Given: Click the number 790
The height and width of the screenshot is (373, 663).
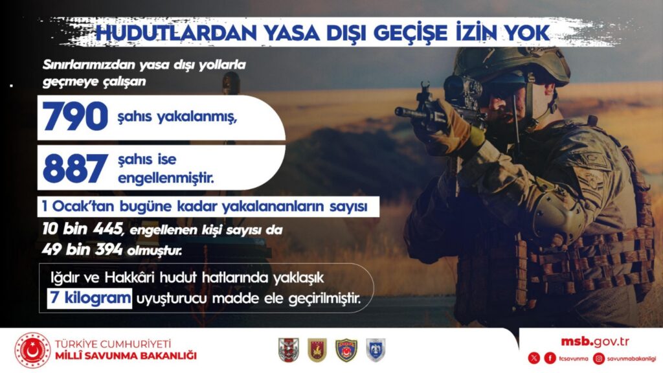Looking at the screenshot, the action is pos(75,117).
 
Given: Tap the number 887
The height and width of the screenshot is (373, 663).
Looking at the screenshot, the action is pos(75,168).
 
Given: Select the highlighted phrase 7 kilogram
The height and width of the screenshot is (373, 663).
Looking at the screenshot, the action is pos(89,298).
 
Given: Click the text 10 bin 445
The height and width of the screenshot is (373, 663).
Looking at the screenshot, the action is pos(83,229).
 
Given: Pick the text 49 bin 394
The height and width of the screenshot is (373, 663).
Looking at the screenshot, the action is pos(82,249).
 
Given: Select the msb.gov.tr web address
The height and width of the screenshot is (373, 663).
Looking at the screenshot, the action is pos(595,341).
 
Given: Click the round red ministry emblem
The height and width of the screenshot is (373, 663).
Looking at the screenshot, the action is pos(32,350).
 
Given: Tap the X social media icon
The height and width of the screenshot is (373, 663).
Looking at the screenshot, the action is pos(534,358).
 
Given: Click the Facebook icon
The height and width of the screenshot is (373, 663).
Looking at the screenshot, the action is pos(550,358).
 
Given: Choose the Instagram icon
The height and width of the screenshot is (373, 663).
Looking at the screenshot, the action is pos(599,358).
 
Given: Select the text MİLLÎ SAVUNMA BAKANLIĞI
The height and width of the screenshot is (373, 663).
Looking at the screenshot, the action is pos(126,356).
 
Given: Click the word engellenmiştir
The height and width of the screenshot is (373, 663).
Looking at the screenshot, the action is pos(166,178).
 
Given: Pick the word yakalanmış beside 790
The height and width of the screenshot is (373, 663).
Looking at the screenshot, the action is pos(196,117).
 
